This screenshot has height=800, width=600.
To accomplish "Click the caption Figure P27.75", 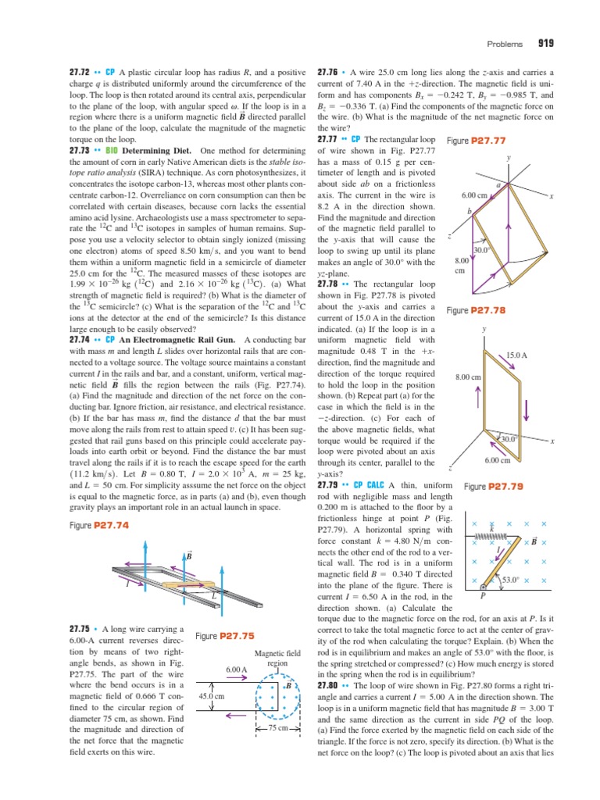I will (221, 636).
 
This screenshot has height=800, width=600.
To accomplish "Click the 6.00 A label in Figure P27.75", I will (236, 670).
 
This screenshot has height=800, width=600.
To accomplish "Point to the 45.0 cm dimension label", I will (212, 695).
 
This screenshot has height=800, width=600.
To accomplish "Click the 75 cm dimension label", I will (278, 727).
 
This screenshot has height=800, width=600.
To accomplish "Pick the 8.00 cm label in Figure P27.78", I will (467, 377).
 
